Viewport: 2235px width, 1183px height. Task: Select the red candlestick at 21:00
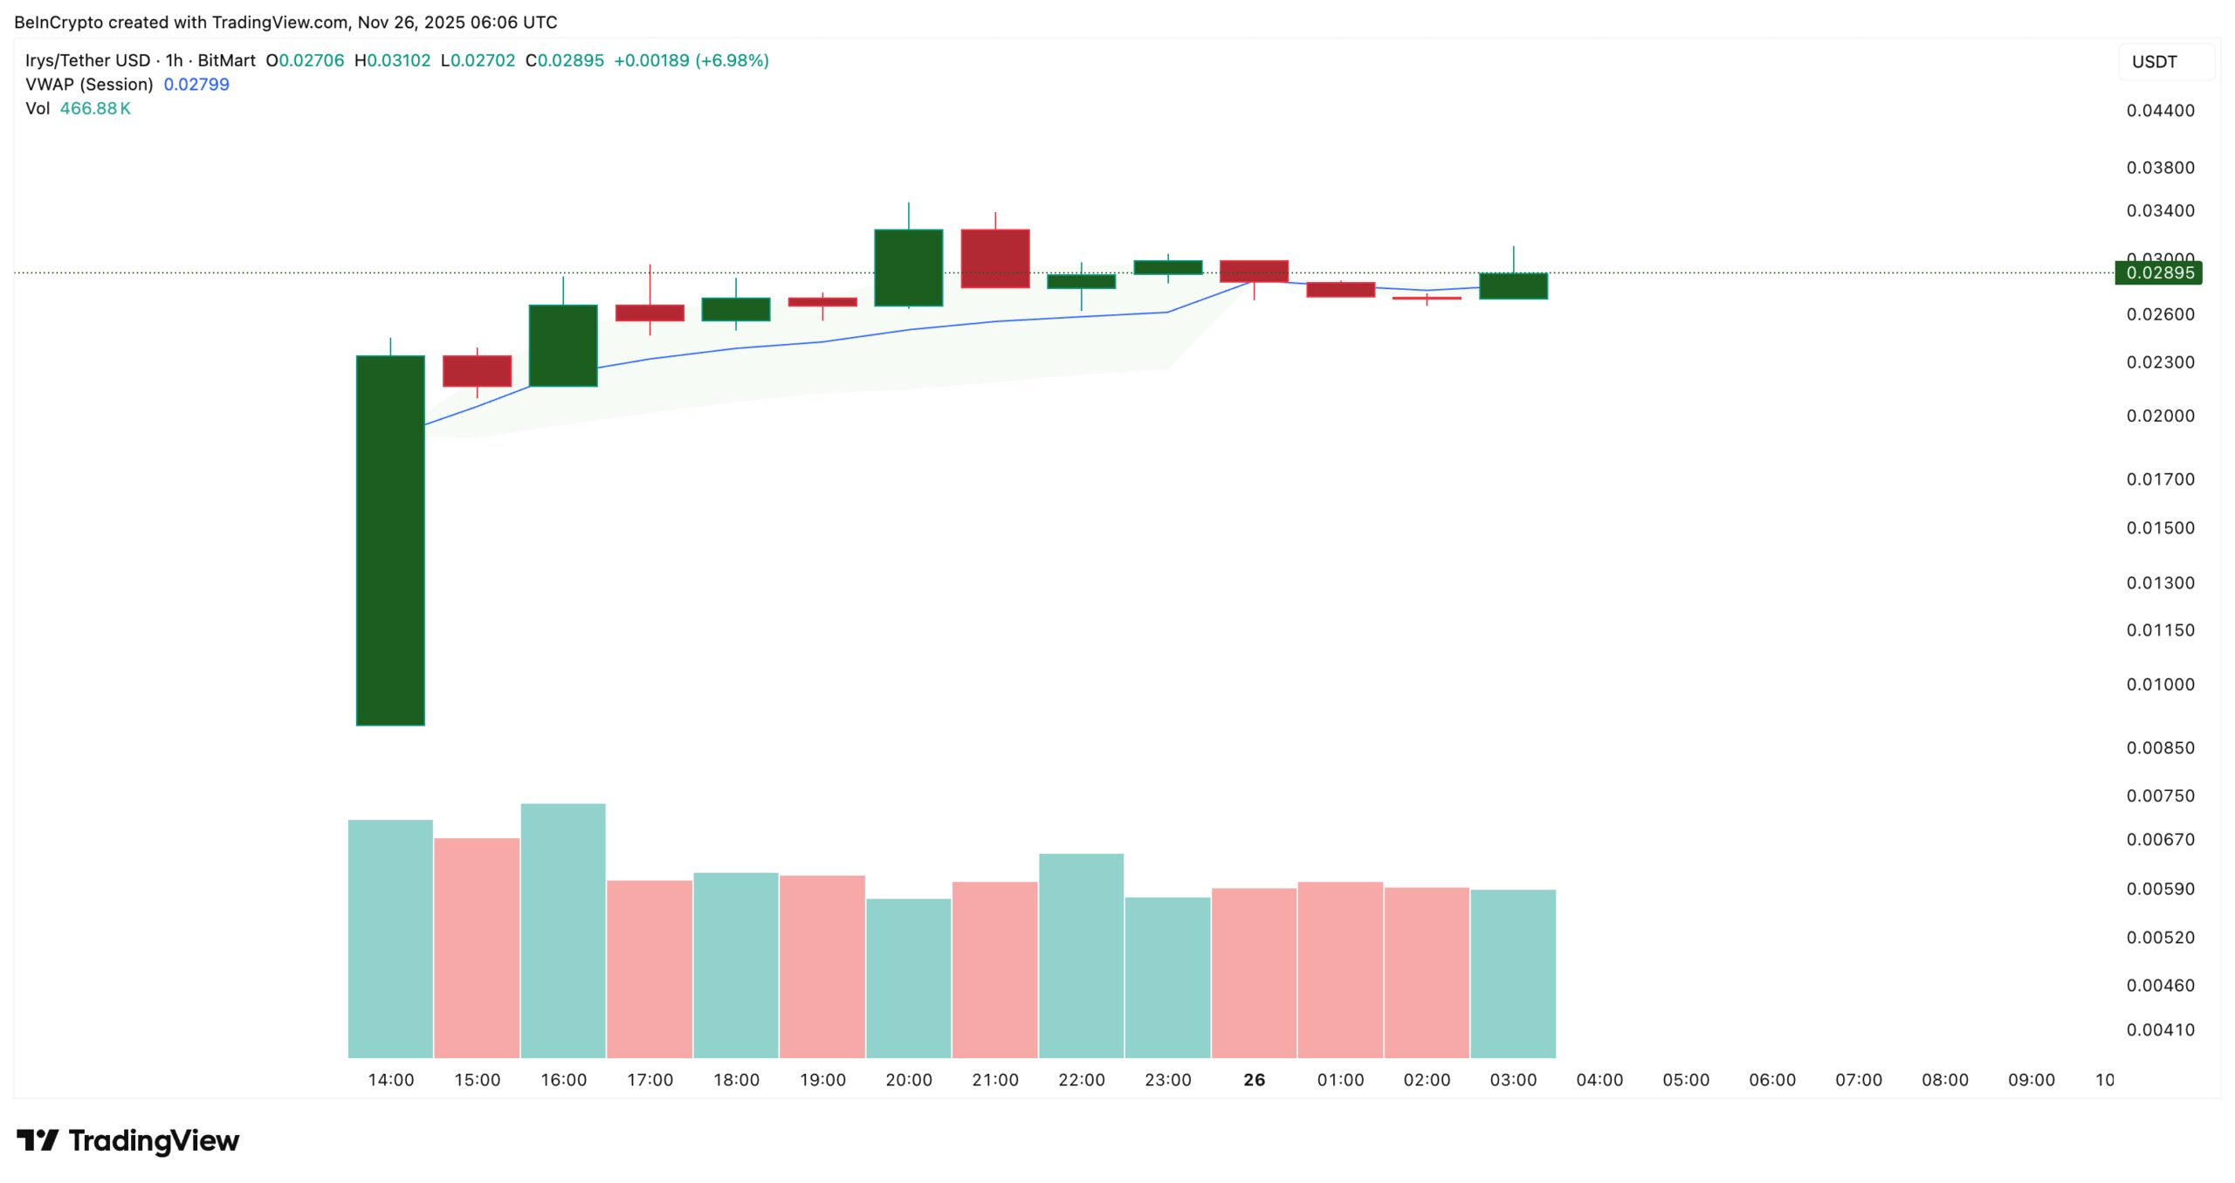(x=994, y=258)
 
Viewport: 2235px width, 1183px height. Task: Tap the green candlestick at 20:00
(x=908, y=267)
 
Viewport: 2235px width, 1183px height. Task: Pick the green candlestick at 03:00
(x=1513, y=285)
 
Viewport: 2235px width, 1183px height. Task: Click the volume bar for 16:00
(x=563, y=930)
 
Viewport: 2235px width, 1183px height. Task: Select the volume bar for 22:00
(x=1081, y=955)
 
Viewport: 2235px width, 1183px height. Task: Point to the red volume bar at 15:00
(x=477, y=947)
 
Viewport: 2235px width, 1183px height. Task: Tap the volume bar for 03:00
(x=1513, y=973)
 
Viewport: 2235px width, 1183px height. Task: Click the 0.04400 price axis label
(x=2160, y=111)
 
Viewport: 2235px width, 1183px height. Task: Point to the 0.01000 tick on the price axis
(x=2160, y=684)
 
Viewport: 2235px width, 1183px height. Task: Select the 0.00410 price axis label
(x=2160, y=1029)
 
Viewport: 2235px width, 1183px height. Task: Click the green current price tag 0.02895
(x=2158, y=273)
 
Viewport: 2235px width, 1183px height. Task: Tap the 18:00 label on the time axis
(x=736, y=1080)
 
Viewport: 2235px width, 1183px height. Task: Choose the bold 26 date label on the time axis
(x=1254, y=1080)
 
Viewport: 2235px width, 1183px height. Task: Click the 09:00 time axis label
(x=2031, y=1080)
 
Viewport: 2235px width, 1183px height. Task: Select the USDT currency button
(x=2165, y=62)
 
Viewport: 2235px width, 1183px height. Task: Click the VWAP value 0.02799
(x=196, y=85)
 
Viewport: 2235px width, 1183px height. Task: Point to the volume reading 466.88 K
(x=95, y=109)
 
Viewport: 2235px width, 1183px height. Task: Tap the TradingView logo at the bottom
(x=128, y=1140)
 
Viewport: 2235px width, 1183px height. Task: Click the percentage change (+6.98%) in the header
(x=732, y=60)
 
